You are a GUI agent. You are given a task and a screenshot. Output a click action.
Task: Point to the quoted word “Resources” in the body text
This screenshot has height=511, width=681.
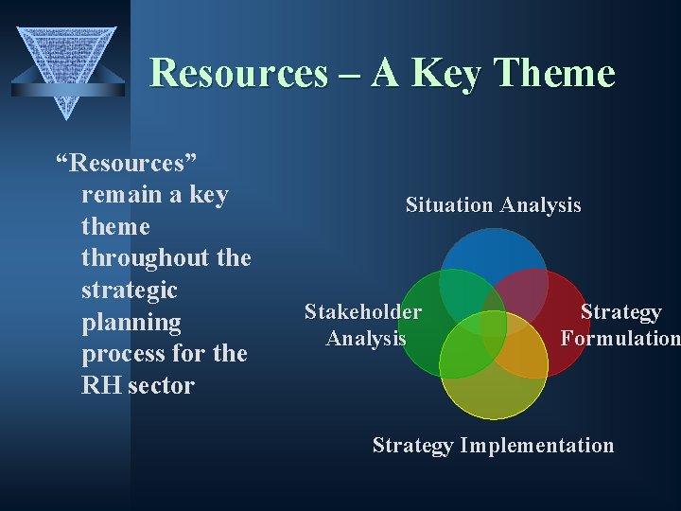pyautogui.click(x=119, y=164)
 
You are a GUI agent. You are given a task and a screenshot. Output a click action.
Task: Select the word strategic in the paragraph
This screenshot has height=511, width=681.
pyautogui.click(x=130, y=290)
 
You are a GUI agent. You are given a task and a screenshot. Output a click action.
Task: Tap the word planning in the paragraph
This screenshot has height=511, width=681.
pyautogui.click(x=131, y=323)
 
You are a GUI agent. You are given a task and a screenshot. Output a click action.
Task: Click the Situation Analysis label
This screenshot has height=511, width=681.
pyautogui.click(x=493, y=205)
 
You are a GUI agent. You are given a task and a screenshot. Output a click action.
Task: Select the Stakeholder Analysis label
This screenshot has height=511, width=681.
pyautogui.click(x=363, y=325)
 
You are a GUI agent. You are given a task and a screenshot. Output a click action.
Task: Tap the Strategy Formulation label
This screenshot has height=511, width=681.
pyautogui.click(x=620, y=325)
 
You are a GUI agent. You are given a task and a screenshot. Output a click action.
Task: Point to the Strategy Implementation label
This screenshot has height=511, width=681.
pyautogui.click(x=493, y=446)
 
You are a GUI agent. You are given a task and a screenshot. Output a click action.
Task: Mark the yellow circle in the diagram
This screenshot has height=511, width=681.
pyautogui.click(x=494, y=388)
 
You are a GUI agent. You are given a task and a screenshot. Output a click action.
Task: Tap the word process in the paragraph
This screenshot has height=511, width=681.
pyautogui.click(x=120, y=354)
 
